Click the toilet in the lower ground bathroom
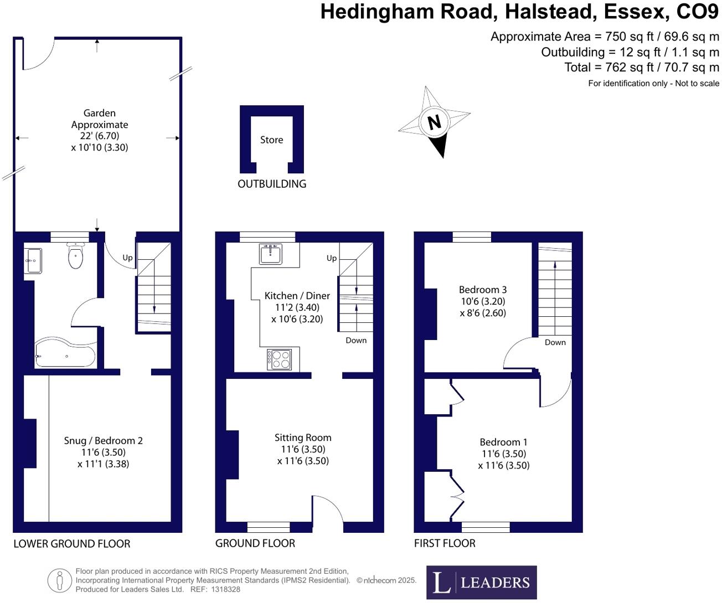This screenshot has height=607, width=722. click(75, 255)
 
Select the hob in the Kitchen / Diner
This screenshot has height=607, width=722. click(279, 359)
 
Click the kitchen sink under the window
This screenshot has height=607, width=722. click(270, 254)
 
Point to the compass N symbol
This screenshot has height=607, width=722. click(434, 122)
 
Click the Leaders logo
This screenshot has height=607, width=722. click(481, 582)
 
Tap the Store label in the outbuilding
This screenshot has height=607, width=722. click(271, 140)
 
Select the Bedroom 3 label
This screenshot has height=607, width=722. click(482, 290)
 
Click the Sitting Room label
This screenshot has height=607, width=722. click(303, 438)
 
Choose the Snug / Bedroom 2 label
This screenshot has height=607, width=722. click(103, 441)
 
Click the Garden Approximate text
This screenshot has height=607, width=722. click(100, 119)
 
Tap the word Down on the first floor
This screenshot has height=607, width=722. click(555, 342)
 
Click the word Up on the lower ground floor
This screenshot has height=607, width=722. click(127, 258)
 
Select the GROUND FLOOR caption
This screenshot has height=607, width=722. click(255, 543)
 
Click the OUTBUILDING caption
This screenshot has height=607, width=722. click(271, 184)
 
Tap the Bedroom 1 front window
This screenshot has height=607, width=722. click(485, 527)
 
